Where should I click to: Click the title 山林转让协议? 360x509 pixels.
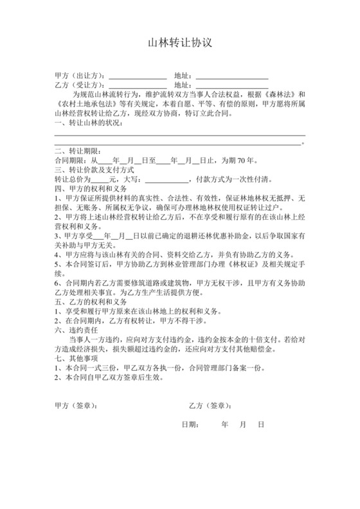179,44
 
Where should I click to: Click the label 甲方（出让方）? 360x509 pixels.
80,76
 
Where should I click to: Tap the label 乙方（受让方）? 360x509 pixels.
80,85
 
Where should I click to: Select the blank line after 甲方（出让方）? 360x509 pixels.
137,76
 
